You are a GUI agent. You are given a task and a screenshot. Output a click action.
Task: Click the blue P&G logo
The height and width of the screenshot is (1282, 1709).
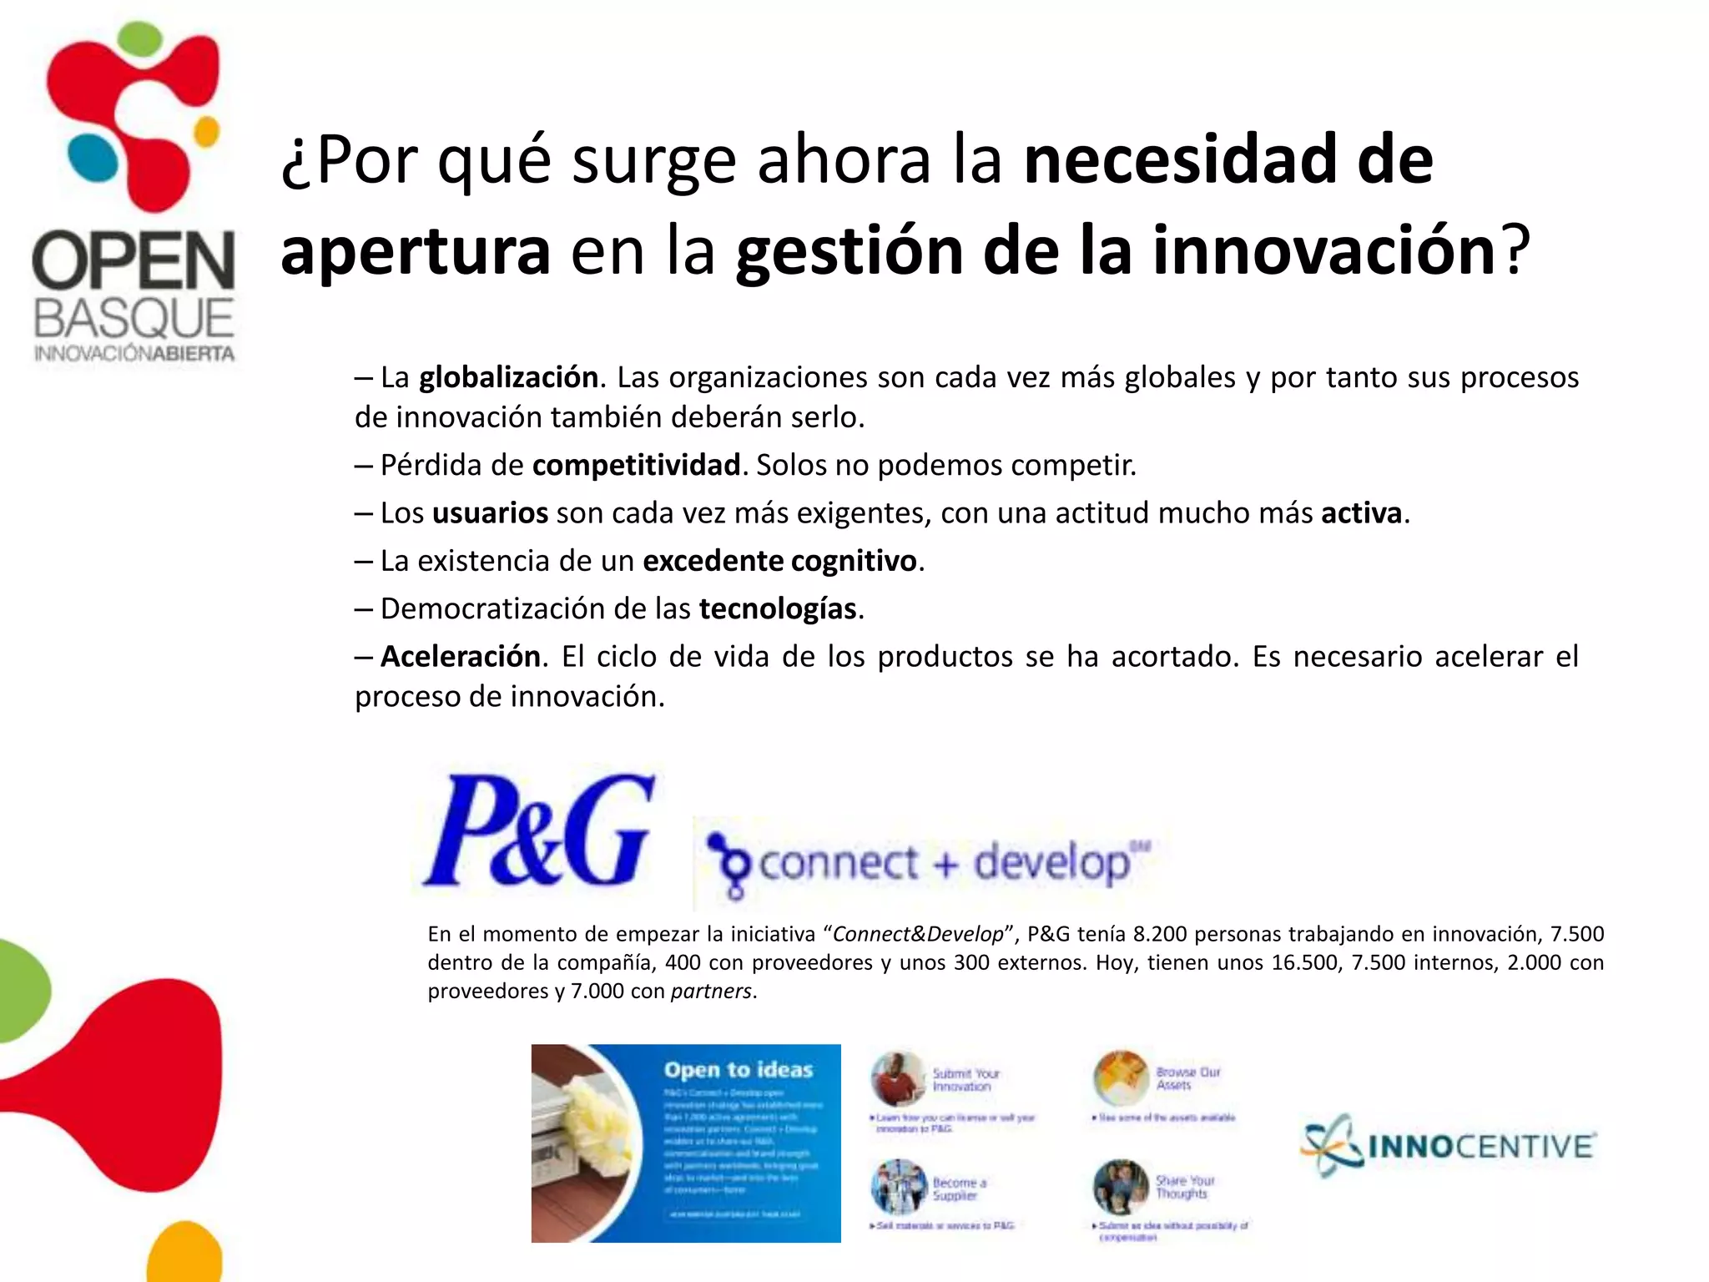[539, 831]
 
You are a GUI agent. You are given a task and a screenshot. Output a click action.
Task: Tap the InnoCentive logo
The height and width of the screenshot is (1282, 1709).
[1449, 1145]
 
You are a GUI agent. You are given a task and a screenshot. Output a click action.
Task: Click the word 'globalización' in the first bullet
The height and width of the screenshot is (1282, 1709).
[508, 378]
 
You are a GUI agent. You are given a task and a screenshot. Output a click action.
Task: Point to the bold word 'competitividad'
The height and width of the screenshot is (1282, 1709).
[636, 465]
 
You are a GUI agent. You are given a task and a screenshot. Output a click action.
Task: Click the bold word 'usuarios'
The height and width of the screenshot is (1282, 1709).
[490, 513]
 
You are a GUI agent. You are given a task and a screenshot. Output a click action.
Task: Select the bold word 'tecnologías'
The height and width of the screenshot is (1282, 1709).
[778, 609]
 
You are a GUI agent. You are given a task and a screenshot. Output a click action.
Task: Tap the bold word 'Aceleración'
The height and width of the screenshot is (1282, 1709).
[461, 657]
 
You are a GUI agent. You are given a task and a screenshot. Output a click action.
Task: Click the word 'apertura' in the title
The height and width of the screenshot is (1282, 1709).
[416, 252]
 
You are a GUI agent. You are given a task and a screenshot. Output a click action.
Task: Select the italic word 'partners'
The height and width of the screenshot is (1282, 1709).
[711, 992]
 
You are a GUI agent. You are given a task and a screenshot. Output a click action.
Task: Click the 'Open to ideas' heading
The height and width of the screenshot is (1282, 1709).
[739, 1070]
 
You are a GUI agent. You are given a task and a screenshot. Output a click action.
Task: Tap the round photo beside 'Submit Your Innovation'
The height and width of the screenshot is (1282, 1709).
[898, 1079]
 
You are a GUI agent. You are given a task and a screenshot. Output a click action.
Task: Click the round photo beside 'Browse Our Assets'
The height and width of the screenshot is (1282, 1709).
[1122, 1078]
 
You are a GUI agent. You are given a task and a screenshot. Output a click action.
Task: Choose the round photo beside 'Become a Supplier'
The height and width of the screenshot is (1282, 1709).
[898, 1187]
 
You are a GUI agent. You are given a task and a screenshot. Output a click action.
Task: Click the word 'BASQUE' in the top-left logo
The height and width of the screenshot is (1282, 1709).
[134, 320]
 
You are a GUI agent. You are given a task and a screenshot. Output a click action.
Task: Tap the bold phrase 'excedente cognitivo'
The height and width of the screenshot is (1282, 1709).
[779, 561]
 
